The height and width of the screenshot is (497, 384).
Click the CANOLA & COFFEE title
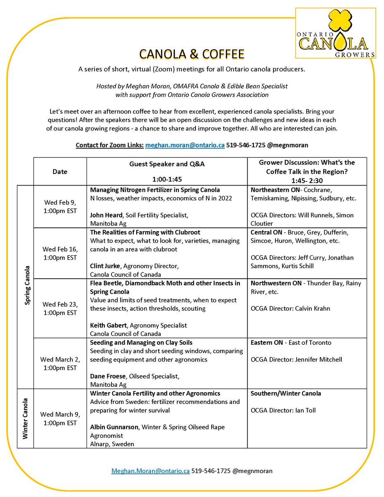point(192,54)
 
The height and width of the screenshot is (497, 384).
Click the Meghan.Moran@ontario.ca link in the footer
point(151,471)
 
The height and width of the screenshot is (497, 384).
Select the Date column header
point(60,171)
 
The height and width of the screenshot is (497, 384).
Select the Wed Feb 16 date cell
point(60,253)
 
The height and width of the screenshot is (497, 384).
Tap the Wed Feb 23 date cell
point(60,308)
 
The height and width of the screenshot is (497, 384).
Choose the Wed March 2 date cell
point(60,363)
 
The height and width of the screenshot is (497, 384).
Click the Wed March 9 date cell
point(60,418)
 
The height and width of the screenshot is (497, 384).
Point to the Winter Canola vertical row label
point(26,418)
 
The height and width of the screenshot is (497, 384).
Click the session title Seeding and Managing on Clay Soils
point(141,343)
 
